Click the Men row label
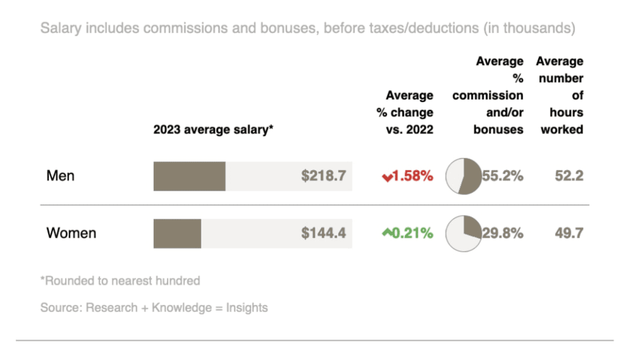pyautogui.click(x=61, y=176)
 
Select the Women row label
pyautogui.click(x=71, y=233)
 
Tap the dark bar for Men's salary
pyautogui.click(x=189, y=176)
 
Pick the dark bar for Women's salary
pyautogui.click(x=177, y=234)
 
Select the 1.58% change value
pyautogui.click(x=413, y=176)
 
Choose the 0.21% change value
pyautogui.click(x=413, y=234)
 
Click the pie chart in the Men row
pyautogui.click(x=463, y=176)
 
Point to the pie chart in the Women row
pyautogui.click(x=463, y=234)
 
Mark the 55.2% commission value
pyautogui.click(x=503, y=176)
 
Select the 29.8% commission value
pyautogui.click(x=503, y=234)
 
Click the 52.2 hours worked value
pyautogui.click(x=569, y=176)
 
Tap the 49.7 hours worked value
pyautogui.click(x=569, y=234)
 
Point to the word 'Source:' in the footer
pyautogui.click(x=61, y=307)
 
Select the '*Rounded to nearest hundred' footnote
pyautogui.click(x=121, y=281)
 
